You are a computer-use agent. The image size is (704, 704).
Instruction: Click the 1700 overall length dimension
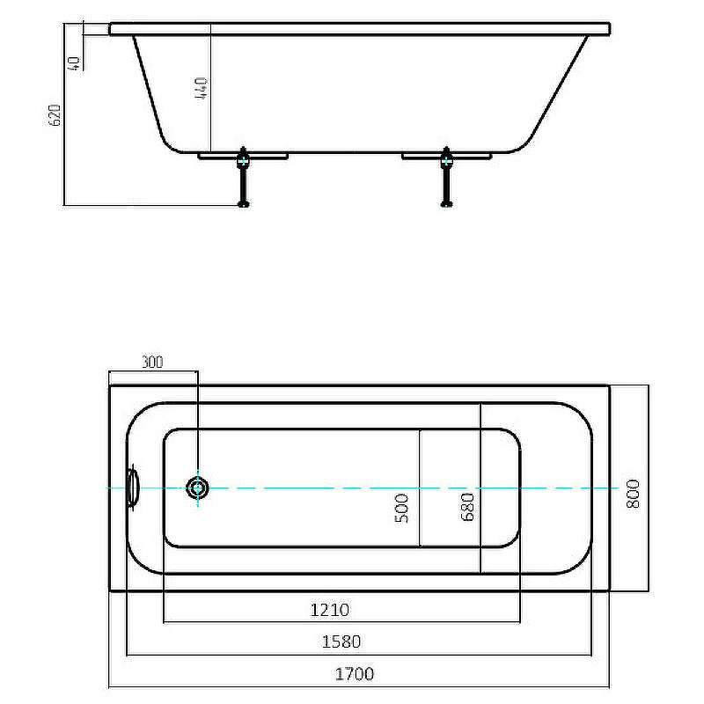[355, 674]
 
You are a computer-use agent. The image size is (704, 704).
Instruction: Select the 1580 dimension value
[341, 642]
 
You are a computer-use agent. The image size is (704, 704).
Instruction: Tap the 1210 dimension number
[329, 610]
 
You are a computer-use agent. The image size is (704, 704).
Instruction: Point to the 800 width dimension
[633, 494]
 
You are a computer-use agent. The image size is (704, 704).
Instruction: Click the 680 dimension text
[467, 507]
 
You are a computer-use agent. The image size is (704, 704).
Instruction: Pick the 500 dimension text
[402, 509]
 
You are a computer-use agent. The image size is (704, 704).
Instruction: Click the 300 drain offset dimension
[152, 362]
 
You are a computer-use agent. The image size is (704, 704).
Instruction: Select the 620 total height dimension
[55, 115]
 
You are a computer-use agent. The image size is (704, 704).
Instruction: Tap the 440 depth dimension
[201, 88]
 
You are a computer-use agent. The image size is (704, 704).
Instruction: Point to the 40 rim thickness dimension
[74, 63]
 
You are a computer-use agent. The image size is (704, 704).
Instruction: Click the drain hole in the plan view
[197, 488]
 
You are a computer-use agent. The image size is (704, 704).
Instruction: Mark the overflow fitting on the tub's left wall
[133, 488]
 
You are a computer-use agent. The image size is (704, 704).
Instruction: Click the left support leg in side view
[243, 177]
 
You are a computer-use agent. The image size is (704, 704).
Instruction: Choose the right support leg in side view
[446, 177]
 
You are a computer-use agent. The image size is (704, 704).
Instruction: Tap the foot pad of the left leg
[243, 204]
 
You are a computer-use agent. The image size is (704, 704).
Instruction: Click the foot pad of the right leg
[446, 204]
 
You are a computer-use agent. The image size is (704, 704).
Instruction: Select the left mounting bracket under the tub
[243, 157]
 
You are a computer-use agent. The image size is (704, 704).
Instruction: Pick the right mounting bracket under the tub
[446, 157]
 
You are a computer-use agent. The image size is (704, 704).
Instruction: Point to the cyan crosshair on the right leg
[446, 160]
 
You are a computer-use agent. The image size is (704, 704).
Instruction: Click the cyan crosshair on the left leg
[243, 160]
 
